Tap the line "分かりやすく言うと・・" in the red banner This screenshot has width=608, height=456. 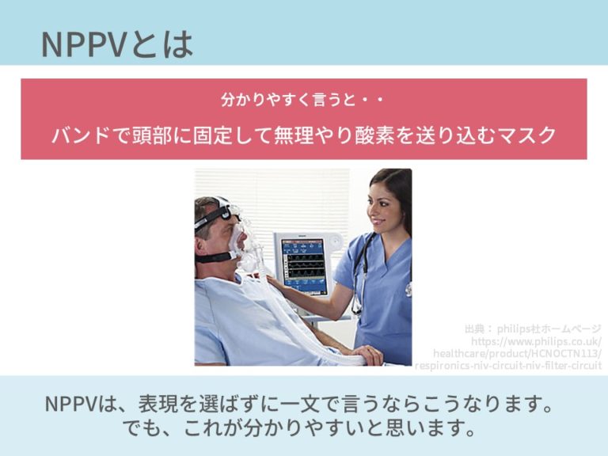[x=303, y=101]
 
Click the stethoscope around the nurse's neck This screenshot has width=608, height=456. [x=359, y=269]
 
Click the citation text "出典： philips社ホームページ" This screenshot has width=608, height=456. [x=533, y=328]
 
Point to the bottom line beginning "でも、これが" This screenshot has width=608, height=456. [x=303, y=430]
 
